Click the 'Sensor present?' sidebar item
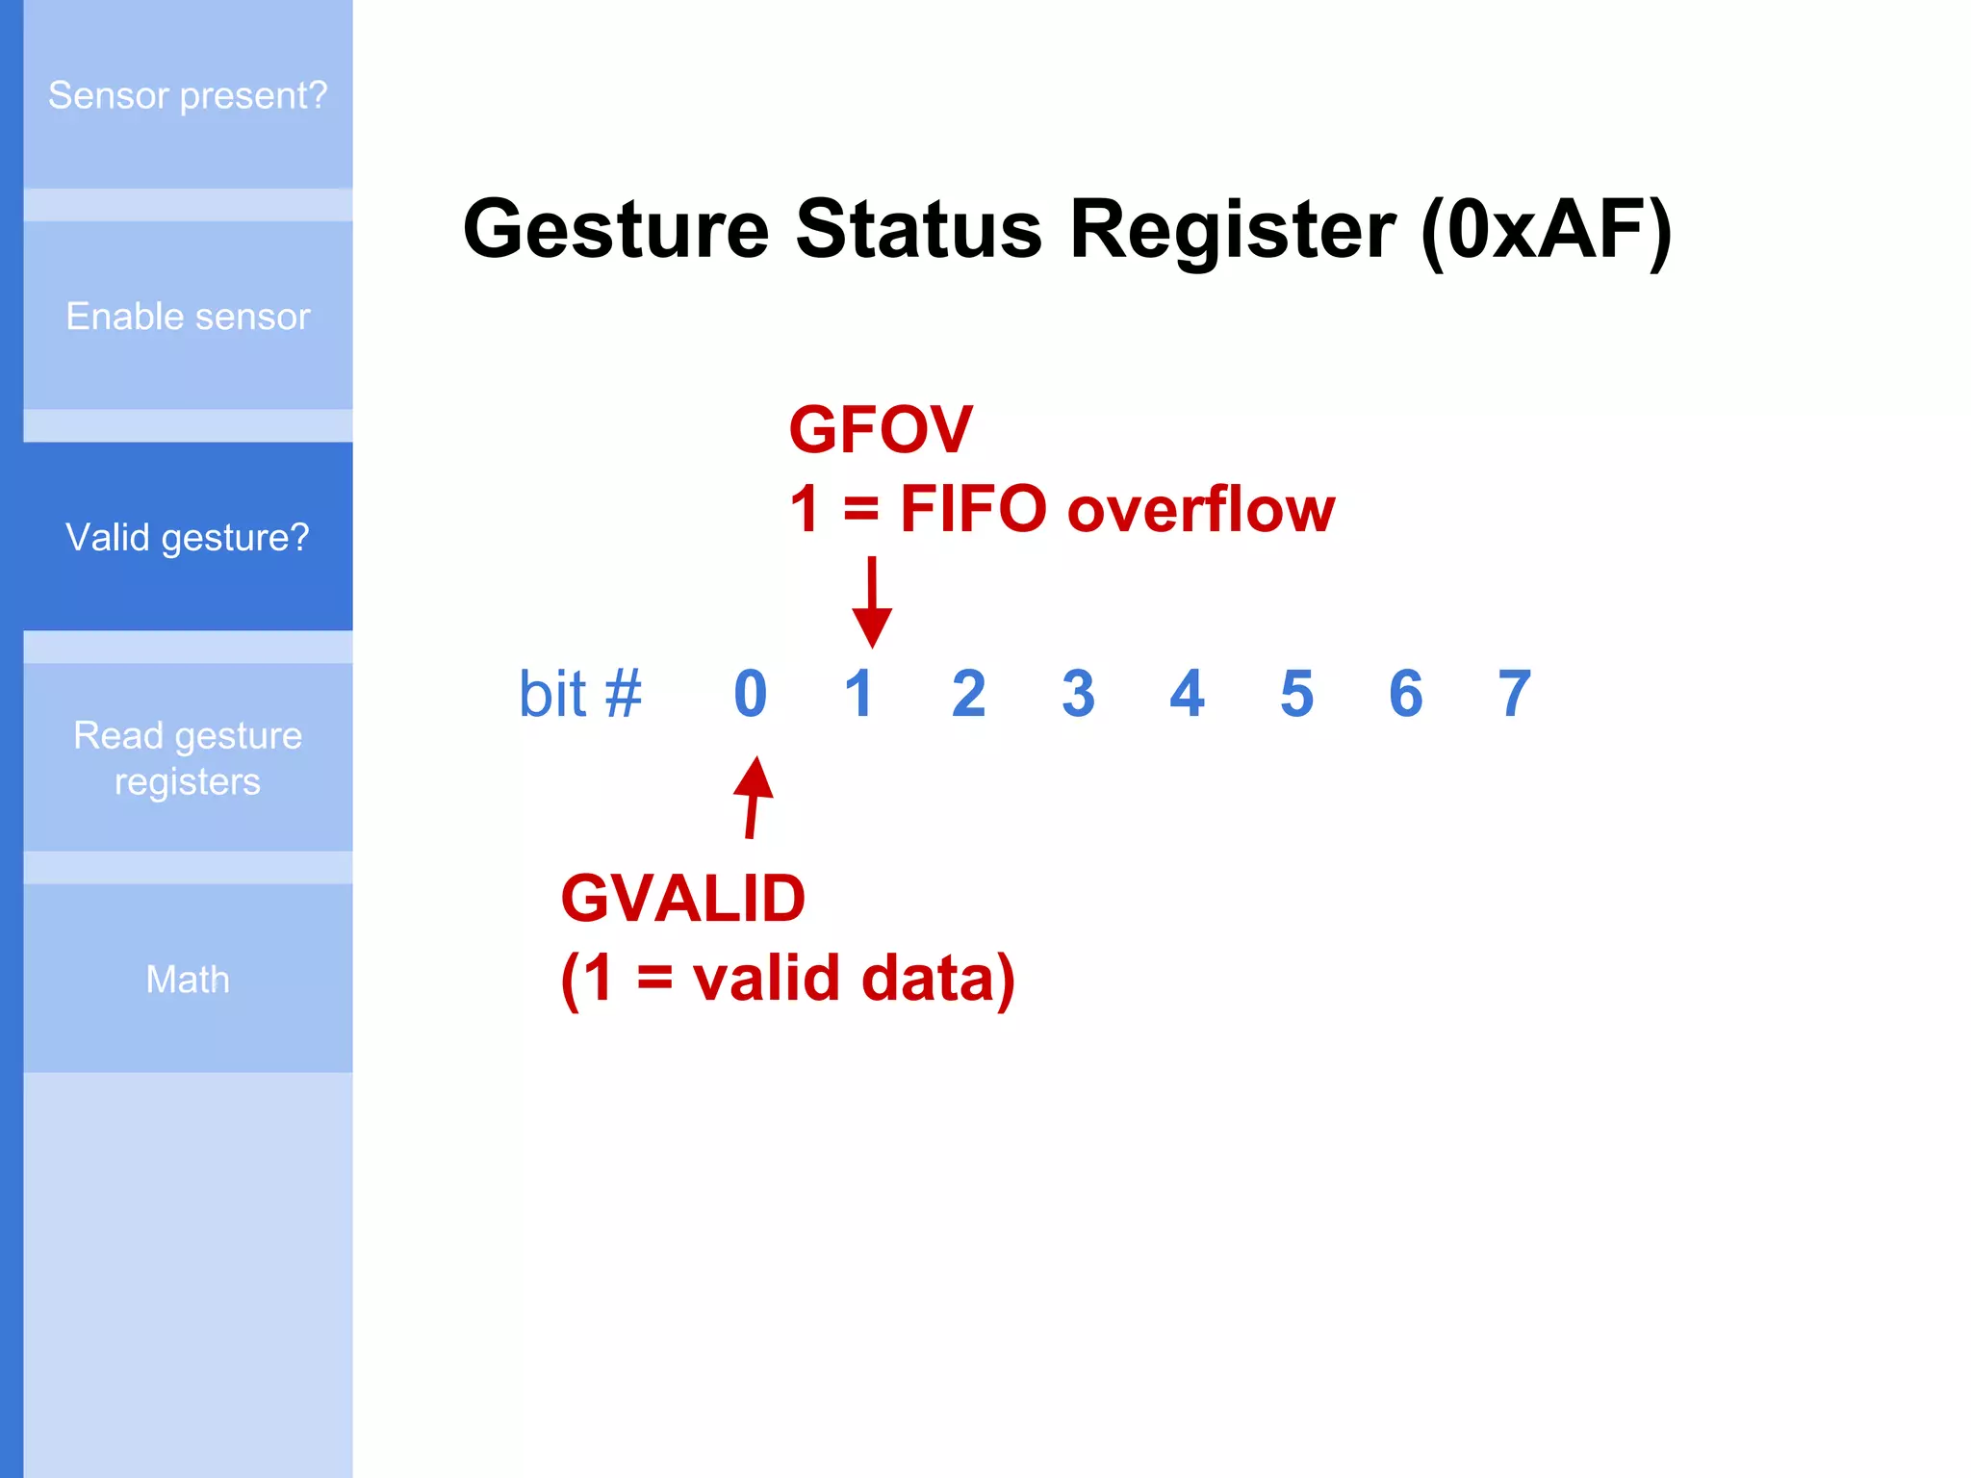point(188,95)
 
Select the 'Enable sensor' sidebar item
point(188,317)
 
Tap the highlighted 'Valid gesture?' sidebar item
point(188,537)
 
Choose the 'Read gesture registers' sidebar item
point(188,758)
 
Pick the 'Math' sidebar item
point(188,980)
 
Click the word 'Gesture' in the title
point(616,231)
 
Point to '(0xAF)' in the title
point(1547,231)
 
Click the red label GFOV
point(881,429)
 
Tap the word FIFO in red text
point(973,509)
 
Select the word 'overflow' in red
point(1201,509)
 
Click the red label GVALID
point(682,899)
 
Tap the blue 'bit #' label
point(579,694)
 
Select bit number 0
point(751,694)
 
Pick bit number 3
point(1078,694)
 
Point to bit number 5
point(1296,694)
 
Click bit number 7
point(1514,694)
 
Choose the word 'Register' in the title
point(1232,231)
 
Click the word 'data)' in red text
point(937,979)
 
